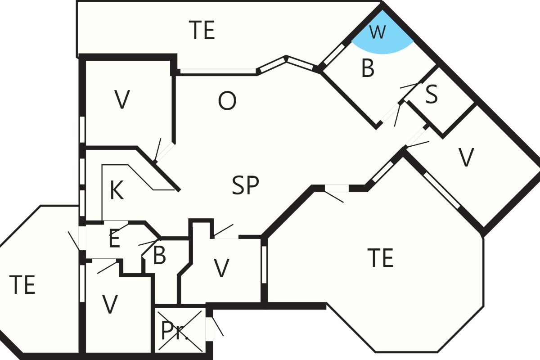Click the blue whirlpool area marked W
pos(382,36)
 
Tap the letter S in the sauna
pos(431,94)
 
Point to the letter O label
pos(227,101)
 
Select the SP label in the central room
pos(245,185)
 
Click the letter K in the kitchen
pos(117,190)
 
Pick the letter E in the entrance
pos(114,238)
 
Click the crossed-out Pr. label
pos(174,331)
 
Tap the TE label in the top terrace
pos(202,30)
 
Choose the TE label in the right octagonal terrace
pos(380,258)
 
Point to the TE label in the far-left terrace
pos(22,284)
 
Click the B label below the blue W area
pos(368,68)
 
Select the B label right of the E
pos(159,255)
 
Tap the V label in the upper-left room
pos(122,99)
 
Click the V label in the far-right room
pos(466,157)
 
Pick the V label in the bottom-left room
pos(110,304)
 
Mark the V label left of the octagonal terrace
pos(221,268)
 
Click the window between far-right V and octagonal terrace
pos(442,190)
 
